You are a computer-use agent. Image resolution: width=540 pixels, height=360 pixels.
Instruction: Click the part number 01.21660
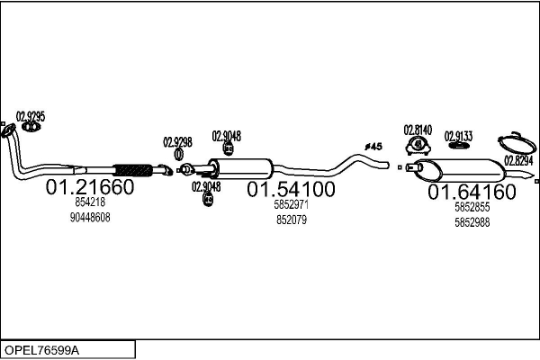click(90, 186)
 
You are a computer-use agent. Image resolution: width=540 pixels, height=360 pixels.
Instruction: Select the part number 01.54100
click(291, 189)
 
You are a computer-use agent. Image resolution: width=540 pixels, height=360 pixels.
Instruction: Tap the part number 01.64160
click(472, 192)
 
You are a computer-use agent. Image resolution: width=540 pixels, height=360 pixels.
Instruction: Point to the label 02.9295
click(31, 116)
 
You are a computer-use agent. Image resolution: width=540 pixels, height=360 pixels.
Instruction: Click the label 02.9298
click(177, 142)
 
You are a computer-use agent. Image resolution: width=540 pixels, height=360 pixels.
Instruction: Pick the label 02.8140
click(418, 130)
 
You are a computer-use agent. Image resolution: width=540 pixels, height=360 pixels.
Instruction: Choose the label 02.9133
click(458, 136)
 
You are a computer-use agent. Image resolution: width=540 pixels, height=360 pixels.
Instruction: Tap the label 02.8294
click(518, 160)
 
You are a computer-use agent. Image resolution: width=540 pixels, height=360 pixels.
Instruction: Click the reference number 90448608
click(90, 218)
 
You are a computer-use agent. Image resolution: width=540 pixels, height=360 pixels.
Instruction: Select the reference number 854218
click(90, 202)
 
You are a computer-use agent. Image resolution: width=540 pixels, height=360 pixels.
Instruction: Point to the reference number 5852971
click(292, 204)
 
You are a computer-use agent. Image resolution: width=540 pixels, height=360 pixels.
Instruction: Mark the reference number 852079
click(292, 220)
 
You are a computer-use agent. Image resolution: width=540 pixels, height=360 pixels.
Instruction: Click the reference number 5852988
click(472, 222)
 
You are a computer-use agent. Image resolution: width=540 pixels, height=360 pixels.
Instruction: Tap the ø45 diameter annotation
click(373, 147)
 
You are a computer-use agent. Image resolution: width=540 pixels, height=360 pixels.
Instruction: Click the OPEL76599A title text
click(41, 350)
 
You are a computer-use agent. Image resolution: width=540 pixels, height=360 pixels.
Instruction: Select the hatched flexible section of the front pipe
click(133, 170)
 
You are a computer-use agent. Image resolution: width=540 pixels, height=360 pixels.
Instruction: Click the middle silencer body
click(241, 168)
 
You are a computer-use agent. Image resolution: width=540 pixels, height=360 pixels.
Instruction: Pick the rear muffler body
click(459, 170)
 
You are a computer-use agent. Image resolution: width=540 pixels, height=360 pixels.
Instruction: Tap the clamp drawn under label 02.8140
click(418, 146)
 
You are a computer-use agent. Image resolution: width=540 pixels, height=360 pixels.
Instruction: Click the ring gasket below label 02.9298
click(178, 154)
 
